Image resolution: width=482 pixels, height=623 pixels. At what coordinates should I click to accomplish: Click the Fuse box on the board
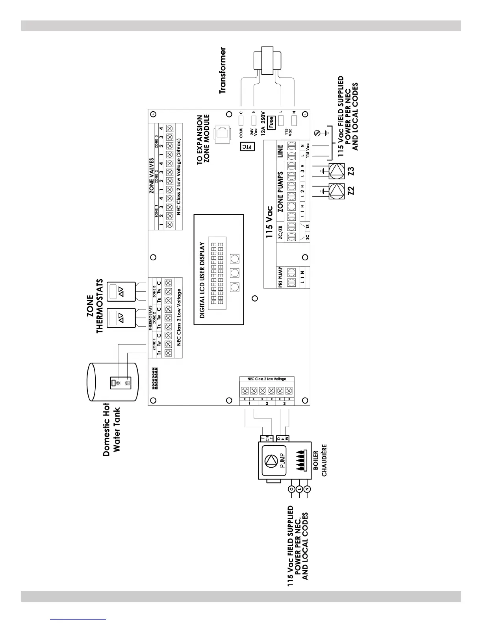271,122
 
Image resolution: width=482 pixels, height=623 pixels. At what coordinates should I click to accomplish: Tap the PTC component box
248,147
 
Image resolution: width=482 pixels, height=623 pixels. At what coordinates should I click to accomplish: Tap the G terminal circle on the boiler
291,489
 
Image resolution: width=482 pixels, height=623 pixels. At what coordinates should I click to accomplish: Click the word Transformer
223,70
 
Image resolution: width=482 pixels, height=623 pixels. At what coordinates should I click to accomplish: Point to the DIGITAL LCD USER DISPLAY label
202,280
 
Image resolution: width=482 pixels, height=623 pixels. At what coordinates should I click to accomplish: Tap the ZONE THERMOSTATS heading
95,306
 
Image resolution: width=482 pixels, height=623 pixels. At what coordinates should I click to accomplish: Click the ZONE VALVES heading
151,181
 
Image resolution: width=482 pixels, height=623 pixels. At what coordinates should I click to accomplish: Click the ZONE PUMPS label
281,192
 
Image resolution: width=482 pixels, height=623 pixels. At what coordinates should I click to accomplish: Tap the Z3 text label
351,171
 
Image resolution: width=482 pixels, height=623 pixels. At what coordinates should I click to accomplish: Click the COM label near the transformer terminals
241,133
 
